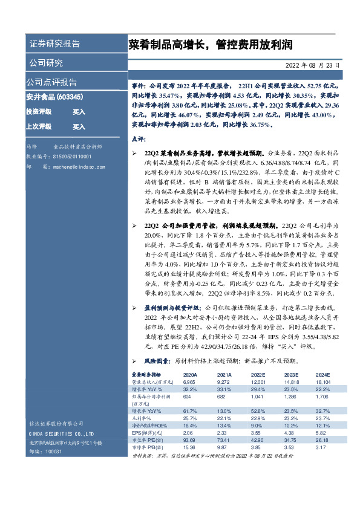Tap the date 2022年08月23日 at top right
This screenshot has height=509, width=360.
point(312,65)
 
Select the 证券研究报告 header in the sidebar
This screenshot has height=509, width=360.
point(54,44)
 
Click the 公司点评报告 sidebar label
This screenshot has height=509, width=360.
point(51,82)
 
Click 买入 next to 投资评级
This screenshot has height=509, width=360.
point(79,112)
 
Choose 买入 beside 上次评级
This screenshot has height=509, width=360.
point(79,127)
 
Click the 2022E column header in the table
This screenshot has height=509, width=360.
point(258,375)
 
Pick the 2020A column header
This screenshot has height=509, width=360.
point(191,375)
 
